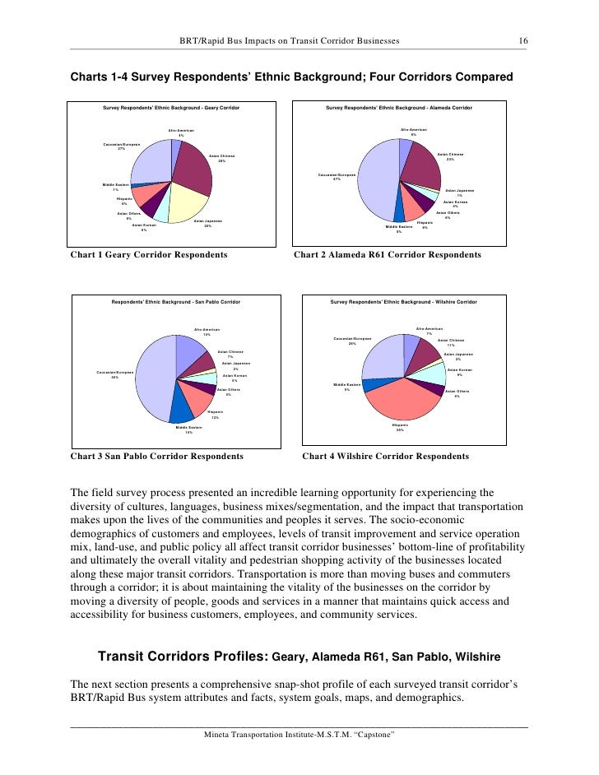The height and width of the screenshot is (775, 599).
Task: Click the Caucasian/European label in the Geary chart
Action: coord(121,146)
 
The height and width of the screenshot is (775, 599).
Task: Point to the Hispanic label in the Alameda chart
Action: coord(425,224)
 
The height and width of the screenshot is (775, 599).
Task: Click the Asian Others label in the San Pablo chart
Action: coord(229,392)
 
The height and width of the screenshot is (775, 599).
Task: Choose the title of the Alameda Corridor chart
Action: coord(399,108)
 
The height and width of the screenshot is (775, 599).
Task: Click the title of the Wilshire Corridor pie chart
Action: coord(403,303)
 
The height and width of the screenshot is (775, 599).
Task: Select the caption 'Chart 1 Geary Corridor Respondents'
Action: coord(149,256)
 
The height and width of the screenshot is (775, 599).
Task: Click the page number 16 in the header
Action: coord(522,40)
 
